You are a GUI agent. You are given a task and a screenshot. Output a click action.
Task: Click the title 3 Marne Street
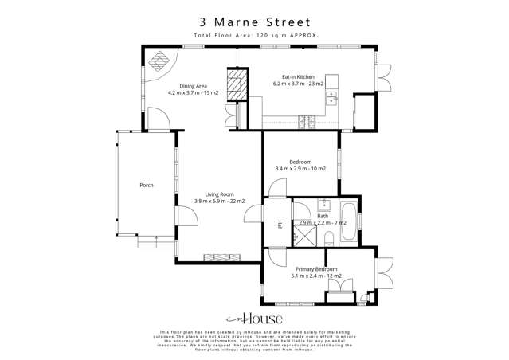254,22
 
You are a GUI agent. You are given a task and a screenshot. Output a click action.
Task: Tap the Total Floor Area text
254,36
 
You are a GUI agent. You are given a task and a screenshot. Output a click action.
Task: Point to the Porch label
146,185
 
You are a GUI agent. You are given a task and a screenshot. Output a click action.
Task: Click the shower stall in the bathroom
303,237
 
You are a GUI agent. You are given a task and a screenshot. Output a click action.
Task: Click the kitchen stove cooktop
306,120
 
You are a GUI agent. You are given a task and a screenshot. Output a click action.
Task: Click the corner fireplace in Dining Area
160,60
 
